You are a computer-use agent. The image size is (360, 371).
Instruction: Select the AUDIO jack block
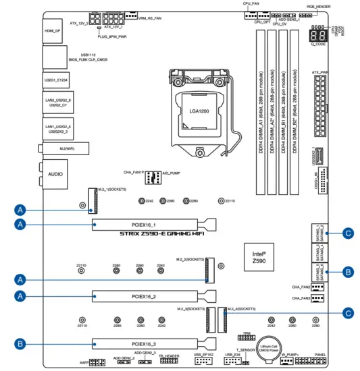pyautogui.click(x=55, y=174)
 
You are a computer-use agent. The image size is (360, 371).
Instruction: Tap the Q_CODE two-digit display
pyautogui.click(x=317, y=36)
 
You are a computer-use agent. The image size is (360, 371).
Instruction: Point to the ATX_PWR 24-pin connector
pyautogui.click(x=319, y=101)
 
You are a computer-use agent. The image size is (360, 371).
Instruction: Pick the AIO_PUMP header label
pyautogui.click(x=170, y=173)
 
